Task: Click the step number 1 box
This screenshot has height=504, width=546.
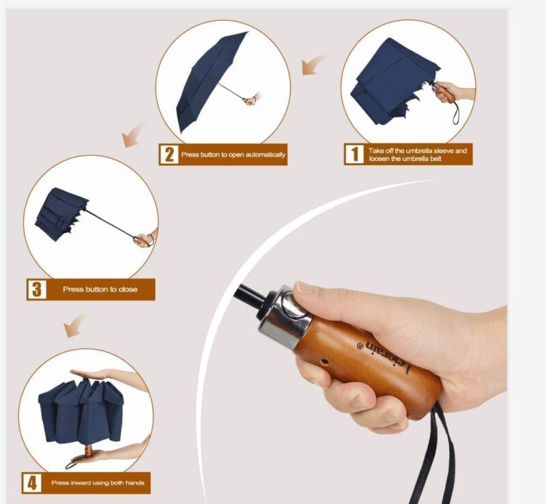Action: [354, 154]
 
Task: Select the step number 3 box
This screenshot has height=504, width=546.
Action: [36, 289]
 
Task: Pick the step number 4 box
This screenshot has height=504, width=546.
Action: [31, 483]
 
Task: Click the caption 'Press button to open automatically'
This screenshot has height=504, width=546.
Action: [233, 154]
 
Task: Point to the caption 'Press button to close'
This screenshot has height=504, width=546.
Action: [100, 290]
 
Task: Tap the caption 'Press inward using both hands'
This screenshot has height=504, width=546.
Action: [98, 483]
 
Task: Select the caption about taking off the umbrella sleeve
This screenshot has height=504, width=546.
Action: [418, 154]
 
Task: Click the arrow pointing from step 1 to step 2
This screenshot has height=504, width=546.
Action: [314, 66]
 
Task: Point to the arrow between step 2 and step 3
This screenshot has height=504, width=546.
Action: [134, 135]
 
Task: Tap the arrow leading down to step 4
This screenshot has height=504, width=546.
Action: [76, 326]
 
